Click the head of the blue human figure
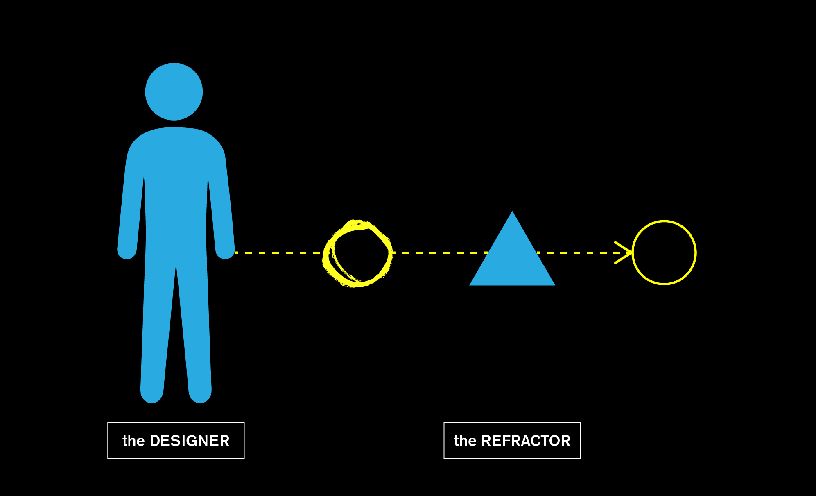(x=174, y=91)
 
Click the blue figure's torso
(x=176, y=184)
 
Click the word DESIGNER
(x=190, y=441)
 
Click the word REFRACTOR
(x=526, y=441)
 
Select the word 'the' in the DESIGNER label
(x=133, y=441)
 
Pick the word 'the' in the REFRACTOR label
(x=465, y=441)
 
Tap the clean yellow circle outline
(x=695, y=253)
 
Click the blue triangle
(x=512, y=258)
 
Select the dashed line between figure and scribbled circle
(x=278, y=253)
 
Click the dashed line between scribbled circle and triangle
(x=438, y=253)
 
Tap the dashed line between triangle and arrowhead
(x=577, y=253)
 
